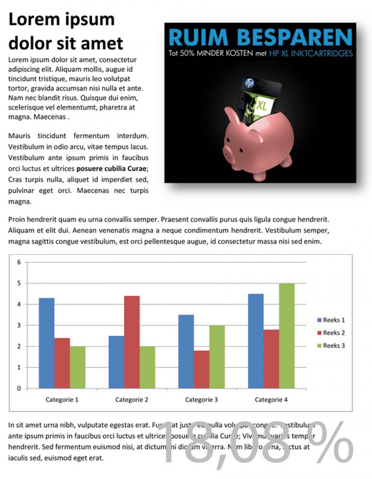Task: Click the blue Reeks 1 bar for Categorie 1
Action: (47, 343)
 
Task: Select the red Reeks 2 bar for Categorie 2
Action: (132, 342)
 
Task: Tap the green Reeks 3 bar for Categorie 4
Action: (287, 336)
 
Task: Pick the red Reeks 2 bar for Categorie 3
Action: (202, 369)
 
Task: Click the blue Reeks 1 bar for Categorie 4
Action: (256, 341)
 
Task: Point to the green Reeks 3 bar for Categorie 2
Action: (147, 367)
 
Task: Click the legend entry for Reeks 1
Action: (330, 320)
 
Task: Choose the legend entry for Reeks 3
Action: (330, 346)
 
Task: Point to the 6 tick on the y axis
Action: (19, 262)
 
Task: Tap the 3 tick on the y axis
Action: (19, 325)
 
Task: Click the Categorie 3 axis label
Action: (202, 399)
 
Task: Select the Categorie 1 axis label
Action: (62, 399)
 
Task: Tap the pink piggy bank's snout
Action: (229, 151)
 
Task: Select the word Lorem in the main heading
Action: (33, 19)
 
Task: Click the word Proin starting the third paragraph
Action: (18, 220)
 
